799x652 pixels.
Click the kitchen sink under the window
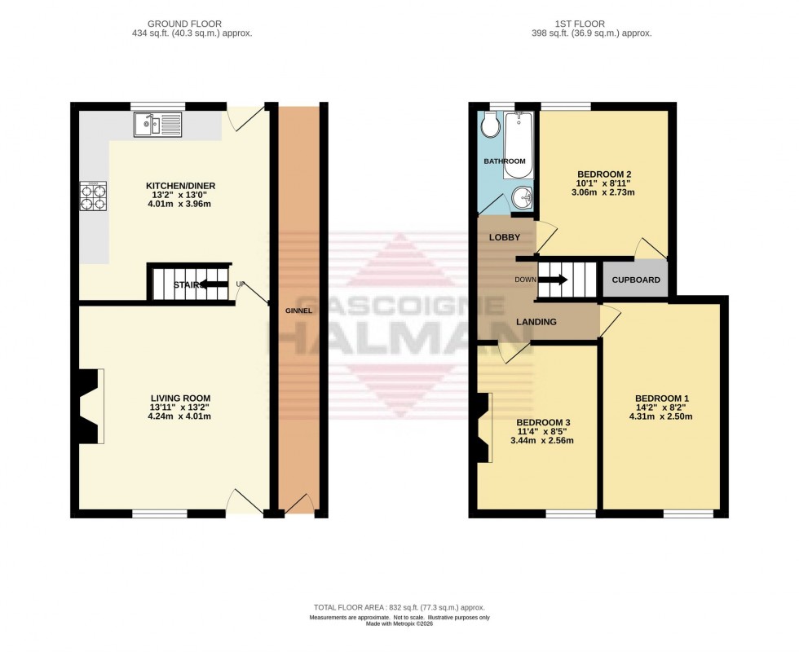[x=158, y=125]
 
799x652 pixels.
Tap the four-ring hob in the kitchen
[x=93, y=196]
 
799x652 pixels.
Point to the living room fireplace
[x=90, y=407]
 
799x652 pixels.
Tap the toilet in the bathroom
[x=490, y=126]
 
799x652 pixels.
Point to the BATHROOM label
[x=505, y=161]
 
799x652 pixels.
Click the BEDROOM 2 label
[x=604, y=174]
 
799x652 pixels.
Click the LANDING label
[x=536, y=322]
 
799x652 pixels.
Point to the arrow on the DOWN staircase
[x=555, y=280]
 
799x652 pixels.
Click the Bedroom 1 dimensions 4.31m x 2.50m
[x=661, y=416]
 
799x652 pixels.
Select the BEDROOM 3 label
[x=542, y=421]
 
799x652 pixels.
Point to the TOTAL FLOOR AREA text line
[x=399, y=609]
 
